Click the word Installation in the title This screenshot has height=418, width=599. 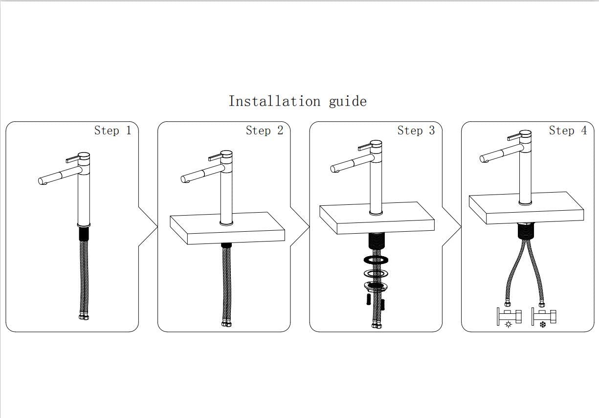(x=274, y=101)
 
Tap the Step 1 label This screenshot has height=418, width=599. (x=113, y=131)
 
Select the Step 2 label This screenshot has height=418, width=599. (x=265, y=131)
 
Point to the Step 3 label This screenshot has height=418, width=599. (x=416, y=131)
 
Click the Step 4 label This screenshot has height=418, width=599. (x=568, y=131)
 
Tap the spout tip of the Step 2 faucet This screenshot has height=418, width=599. (x=184, y=179)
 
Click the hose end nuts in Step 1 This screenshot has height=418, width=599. (x=84, y=317)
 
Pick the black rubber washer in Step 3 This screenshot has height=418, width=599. (x=376, y=260)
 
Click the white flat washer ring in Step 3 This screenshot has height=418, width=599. (x=376, y=274)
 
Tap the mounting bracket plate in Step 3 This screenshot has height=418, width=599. (x=376, y=286)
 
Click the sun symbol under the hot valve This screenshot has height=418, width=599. (x=509, y=325)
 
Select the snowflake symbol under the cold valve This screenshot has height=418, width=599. (x=543, y=325)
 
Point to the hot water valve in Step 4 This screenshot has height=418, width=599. (x=509, y=316)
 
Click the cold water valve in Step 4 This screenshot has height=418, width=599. (x=544, y=316)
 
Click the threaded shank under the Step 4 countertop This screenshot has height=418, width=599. (x=525, y=231)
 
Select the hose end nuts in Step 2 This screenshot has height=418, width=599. (x=227, y=324)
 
